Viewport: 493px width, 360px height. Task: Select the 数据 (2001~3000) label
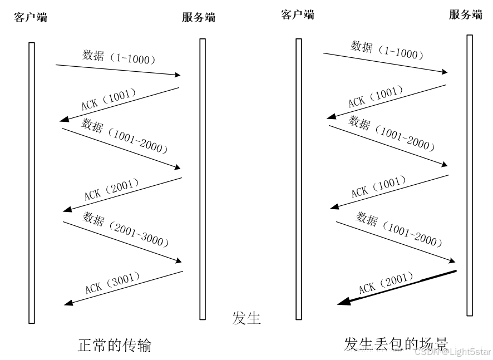click(125, 229)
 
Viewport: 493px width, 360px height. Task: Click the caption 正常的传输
click(114, 346)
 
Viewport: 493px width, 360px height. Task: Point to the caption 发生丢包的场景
click(396, 344)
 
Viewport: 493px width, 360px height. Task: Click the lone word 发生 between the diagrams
click(246, 318)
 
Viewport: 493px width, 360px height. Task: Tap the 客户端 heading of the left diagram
click(31, 17)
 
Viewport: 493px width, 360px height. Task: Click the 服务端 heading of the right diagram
click(465, 15)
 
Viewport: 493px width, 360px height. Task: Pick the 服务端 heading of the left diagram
click(199, 17)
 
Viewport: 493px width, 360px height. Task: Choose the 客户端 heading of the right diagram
click(298, 15)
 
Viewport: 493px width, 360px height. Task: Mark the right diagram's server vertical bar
click(470, 175)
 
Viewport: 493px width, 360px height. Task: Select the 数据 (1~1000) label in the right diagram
click(387, 50)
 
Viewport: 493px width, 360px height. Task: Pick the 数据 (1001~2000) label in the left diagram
click(125, 135)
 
